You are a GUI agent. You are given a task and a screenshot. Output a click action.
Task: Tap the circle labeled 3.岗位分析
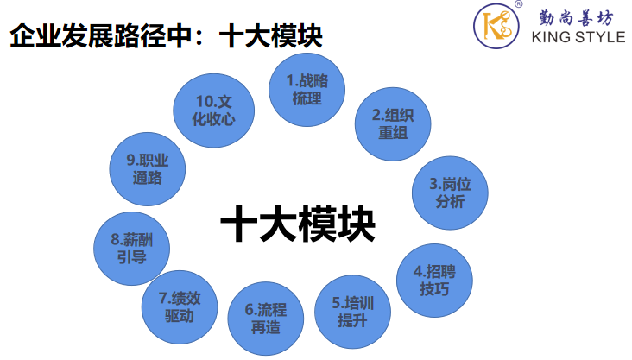[x=451, y=193]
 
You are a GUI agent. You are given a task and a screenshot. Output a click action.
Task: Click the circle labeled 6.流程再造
[x=265, y=318]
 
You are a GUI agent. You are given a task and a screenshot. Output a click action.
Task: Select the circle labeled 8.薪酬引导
[x=130, y=249]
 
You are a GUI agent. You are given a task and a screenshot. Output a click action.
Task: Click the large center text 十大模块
[x=298, y=226]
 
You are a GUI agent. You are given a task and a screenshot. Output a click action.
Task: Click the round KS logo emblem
[x=498, y=26]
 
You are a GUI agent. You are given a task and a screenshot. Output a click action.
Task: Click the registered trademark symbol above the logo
[x=518, y=4]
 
